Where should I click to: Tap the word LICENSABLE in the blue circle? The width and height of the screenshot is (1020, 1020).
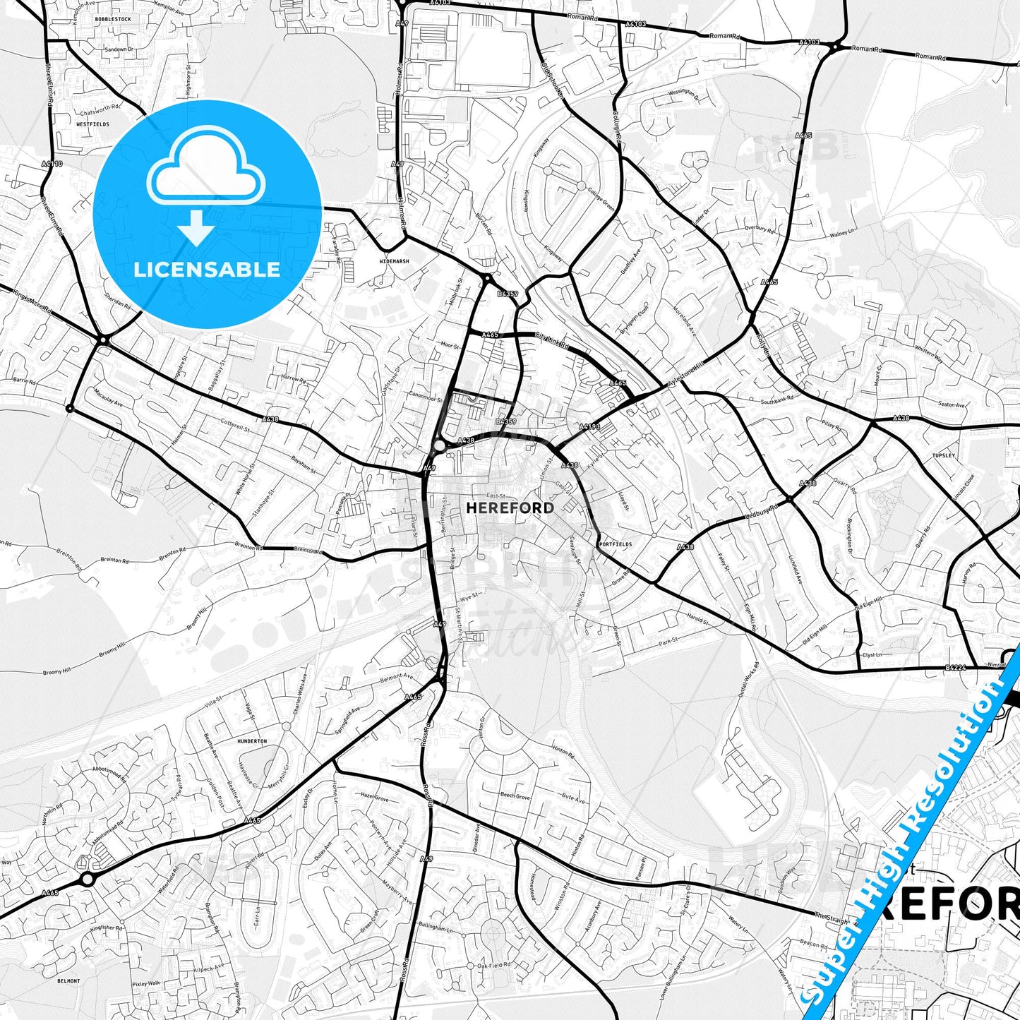click(207, 269)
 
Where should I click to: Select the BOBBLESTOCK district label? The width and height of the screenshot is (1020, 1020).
click(113, 19)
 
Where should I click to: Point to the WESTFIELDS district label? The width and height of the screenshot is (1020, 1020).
click(92, 124)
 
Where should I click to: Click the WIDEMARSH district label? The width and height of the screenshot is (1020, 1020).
click(394, 261)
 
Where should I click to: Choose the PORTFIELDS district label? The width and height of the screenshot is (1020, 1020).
click(614, 544)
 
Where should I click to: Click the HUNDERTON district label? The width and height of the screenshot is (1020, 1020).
click(252, 741)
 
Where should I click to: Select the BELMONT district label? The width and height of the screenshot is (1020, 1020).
click(68, 980)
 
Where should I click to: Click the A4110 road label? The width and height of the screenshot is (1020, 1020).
click(52, 164)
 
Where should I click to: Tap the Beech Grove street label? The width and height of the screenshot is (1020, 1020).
click(515, 796)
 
